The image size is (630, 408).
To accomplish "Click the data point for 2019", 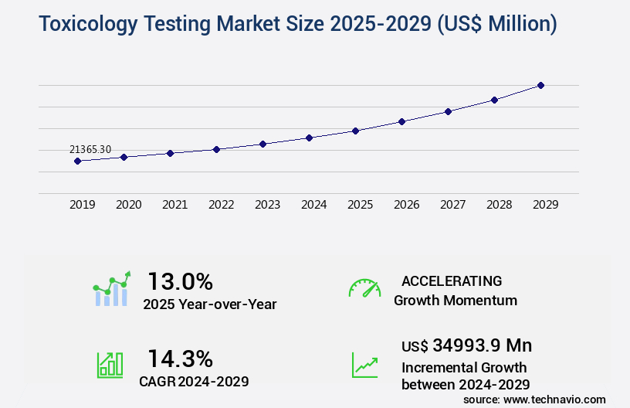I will [77, 161].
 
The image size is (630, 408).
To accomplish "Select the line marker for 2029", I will [540, 85].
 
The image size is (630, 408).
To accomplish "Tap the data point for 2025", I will [355, 131].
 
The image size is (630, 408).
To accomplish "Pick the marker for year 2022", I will [216, 149].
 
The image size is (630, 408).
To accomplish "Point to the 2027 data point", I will [448, 111].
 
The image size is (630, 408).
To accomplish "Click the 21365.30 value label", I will [90, 149].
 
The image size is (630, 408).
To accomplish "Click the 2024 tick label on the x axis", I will [313, 205].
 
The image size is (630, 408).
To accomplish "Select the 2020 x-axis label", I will [128, 205].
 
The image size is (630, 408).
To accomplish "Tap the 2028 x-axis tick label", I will [499, 205].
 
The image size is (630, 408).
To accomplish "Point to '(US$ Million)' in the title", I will [496, 25].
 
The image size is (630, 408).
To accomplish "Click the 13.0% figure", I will [180, 280].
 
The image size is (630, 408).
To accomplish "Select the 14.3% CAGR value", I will [180, 358].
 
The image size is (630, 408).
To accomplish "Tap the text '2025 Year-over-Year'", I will [209, 304].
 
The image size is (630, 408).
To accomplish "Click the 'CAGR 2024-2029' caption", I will [194, 382].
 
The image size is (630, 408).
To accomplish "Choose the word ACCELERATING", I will [452, 280].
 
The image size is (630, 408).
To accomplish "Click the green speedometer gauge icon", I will [364, 287].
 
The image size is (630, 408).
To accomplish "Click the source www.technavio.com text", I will [534, 399].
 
